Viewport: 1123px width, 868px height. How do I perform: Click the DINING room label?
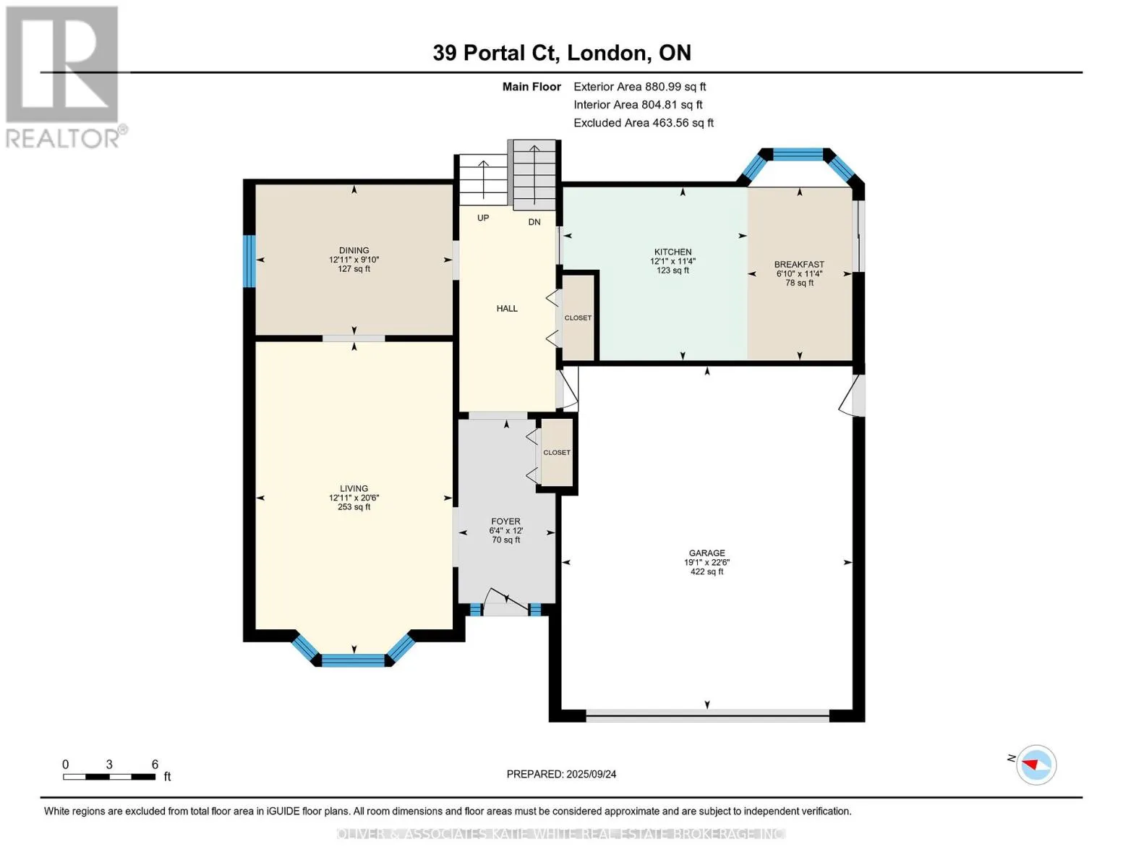(354, 250)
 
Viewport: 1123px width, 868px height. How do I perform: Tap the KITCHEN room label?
(672, 252)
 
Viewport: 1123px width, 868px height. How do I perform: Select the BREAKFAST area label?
(799, 265)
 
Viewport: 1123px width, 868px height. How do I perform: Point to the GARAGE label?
(706, 553)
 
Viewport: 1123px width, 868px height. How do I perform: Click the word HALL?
(507, 309)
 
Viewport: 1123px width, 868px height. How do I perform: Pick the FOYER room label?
(505, 522)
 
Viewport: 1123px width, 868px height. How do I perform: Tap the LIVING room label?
(354, 488)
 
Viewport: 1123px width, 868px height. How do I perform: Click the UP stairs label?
(483, 218)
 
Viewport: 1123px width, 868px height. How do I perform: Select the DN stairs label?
(534, 222)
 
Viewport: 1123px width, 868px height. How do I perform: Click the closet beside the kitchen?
(578, 318)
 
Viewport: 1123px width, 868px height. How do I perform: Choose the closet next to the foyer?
(557, 452)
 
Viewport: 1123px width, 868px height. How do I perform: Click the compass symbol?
(1036, 765)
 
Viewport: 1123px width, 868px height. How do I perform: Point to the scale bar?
(109, 776)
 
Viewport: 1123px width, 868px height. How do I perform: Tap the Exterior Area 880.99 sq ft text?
(639, 87)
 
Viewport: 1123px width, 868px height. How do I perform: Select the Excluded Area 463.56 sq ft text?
(644, 123)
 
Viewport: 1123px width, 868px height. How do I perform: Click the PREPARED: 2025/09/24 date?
(561, 775)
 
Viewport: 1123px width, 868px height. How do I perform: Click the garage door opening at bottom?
(707, 715)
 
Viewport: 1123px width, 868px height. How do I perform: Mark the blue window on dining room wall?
(249, 261)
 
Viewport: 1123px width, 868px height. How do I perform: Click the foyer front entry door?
(505, 603)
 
